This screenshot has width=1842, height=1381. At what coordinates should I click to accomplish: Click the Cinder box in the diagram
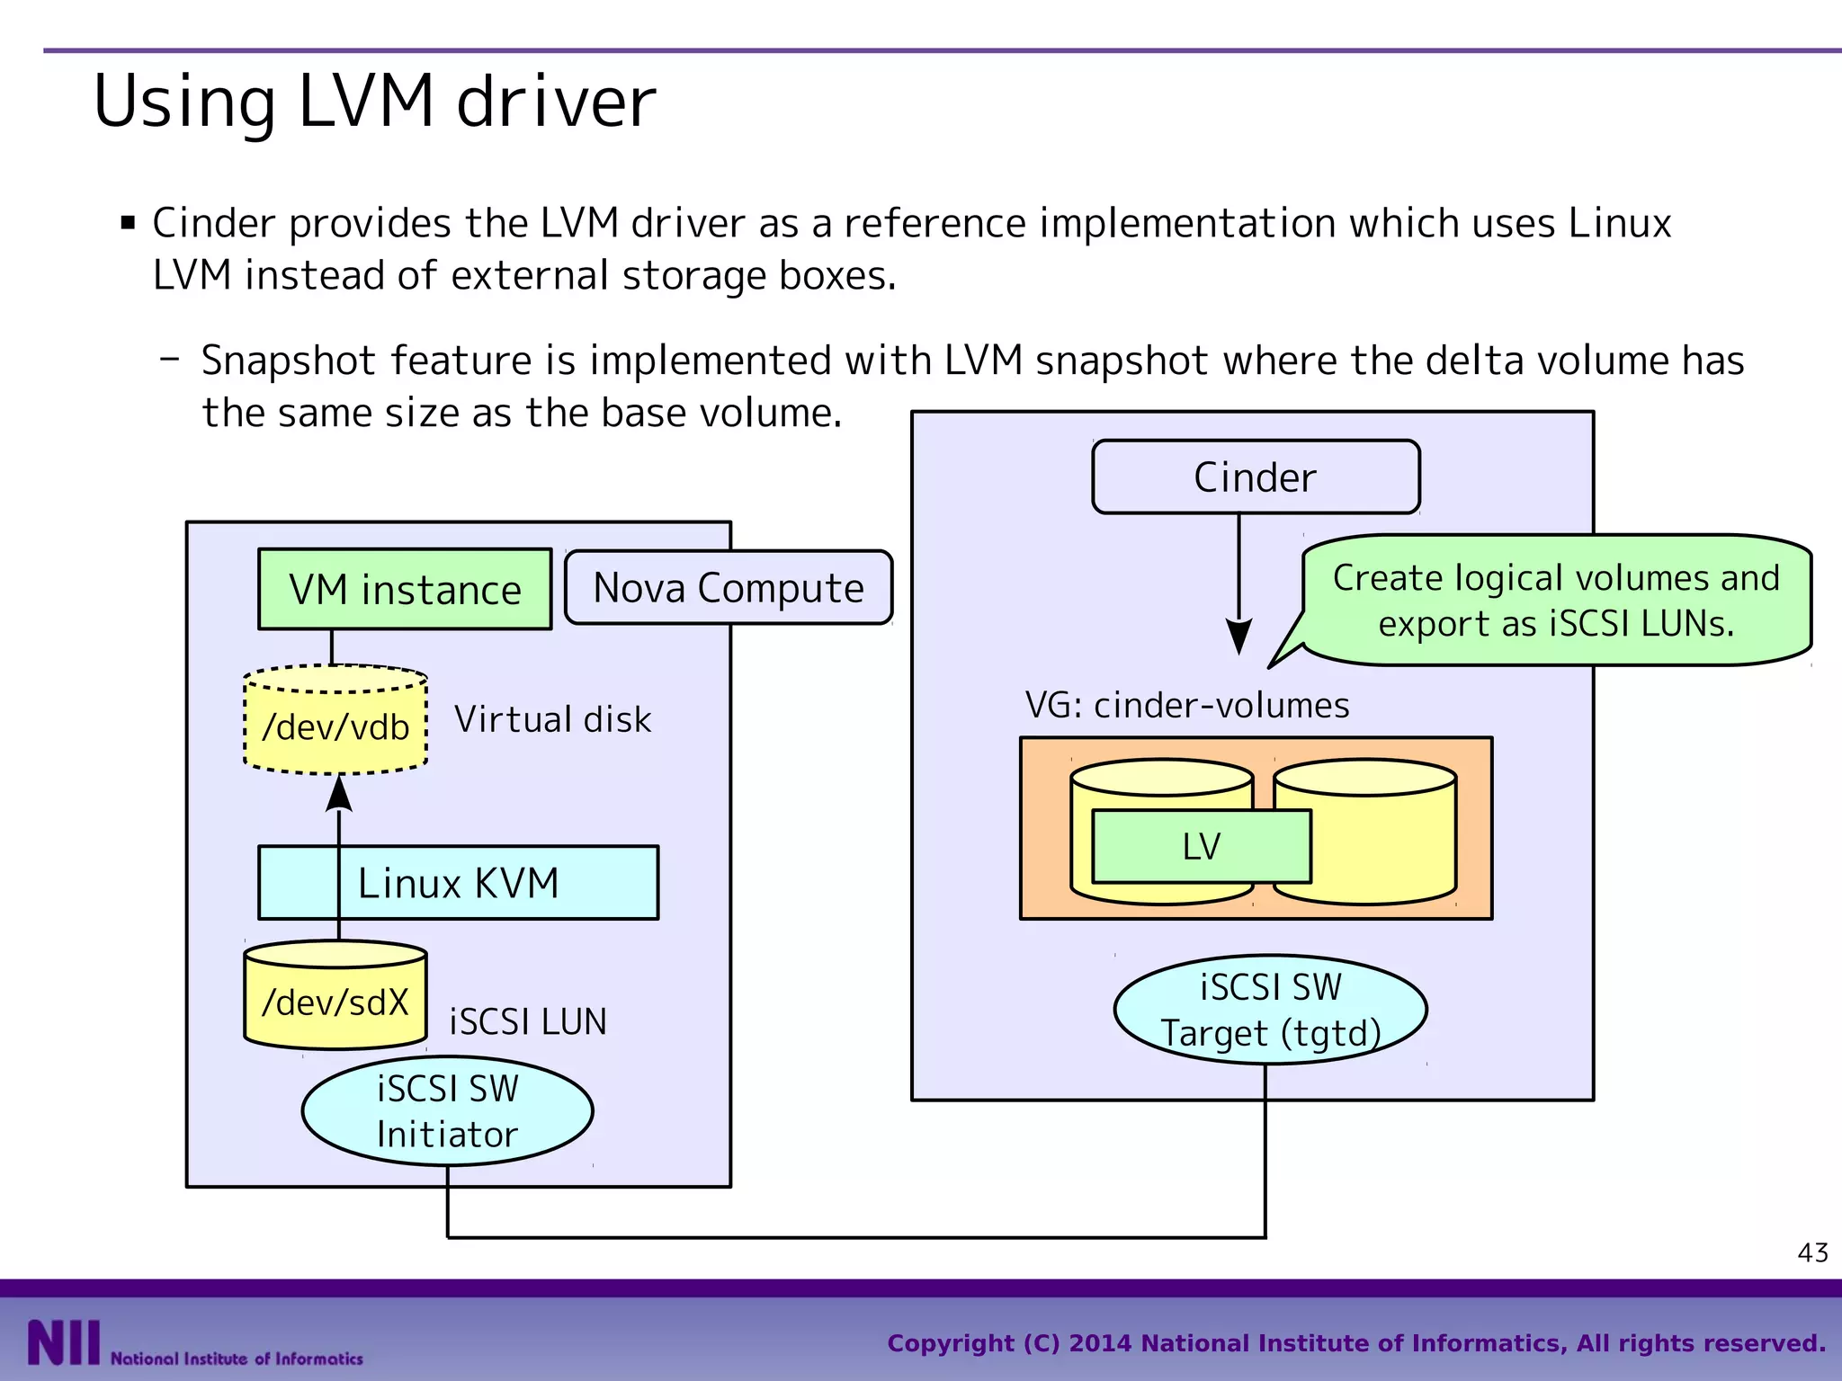1256,477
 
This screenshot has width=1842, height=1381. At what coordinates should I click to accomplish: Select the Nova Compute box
729,588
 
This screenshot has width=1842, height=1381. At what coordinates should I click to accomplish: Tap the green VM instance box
405,590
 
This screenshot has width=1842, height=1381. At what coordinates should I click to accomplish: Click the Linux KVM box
459,883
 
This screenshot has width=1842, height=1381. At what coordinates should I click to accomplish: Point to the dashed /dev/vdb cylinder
335,725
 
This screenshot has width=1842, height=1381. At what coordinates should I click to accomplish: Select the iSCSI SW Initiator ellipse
447,1111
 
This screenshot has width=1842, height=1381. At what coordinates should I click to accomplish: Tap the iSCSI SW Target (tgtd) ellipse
1270,1010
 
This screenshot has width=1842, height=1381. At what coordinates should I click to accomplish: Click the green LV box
1202,846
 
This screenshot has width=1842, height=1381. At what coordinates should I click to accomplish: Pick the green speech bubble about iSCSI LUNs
1556,601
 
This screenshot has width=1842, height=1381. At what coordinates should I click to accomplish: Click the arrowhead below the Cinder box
1238,637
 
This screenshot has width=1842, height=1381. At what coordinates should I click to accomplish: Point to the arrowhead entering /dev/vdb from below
339,795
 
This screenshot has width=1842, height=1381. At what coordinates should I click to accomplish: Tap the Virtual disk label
552,719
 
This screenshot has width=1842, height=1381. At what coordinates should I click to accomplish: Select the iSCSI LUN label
528,1022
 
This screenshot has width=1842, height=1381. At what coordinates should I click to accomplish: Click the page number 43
1812,1252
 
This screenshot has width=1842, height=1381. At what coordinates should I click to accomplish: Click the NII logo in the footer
63,1343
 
